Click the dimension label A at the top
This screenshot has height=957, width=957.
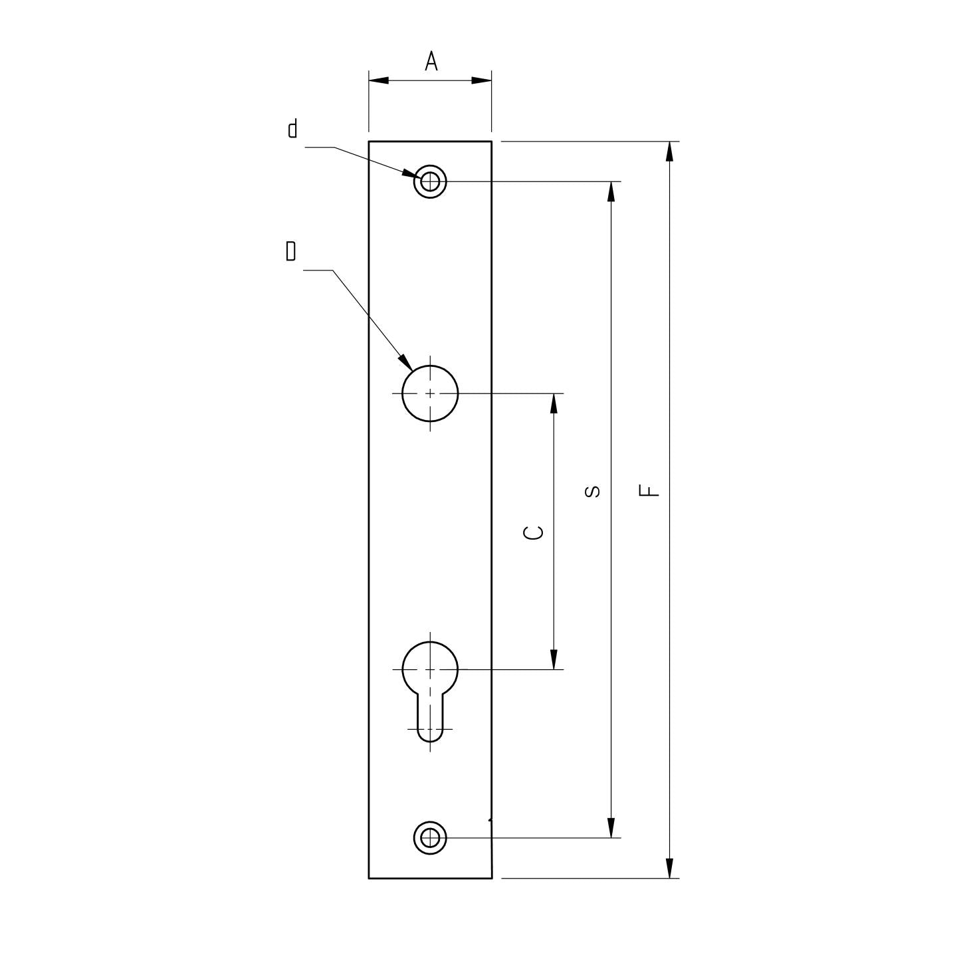[x=431, y=62]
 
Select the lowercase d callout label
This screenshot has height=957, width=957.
[x=292, y=128]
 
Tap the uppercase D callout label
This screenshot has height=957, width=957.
[x=290, y=252]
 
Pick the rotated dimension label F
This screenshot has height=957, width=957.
[x=649, y=490]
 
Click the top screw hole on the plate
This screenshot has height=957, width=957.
[x=430, y=181]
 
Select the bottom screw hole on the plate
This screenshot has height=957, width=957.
[x=430, y=837]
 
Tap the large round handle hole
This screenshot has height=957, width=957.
[x=430, y=393]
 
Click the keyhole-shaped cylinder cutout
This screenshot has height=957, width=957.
[x=430, y=685]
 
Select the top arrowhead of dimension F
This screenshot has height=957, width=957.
[x=669, y=152]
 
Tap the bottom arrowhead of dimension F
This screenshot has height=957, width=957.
[x=669, y=868]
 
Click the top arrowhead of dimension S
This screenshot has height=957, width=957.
[x=611, y=191]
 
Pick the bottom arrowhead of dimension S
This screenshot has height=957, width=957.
[x=611, y=827]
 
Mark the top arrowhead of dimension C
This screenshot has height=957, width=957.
[x=554, y=403]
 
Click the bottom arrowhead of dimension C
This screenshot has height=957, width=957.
[x=554, y=659]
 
